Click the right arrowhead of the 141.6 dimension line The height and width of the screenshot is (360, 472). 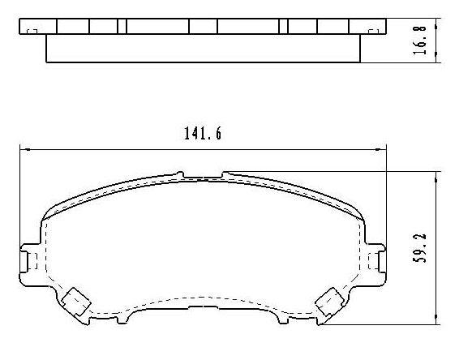coord(381,148)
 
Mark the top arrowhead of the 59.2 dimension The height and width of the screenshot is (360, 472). coord(439,175)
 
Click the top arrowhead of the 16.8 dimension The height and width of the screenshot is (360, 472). coord(439,19)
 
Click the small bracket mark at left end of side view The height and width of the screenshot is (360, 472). coord(31,31)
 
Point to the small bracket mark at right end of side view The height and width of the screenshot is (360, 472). coord(374,31)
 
